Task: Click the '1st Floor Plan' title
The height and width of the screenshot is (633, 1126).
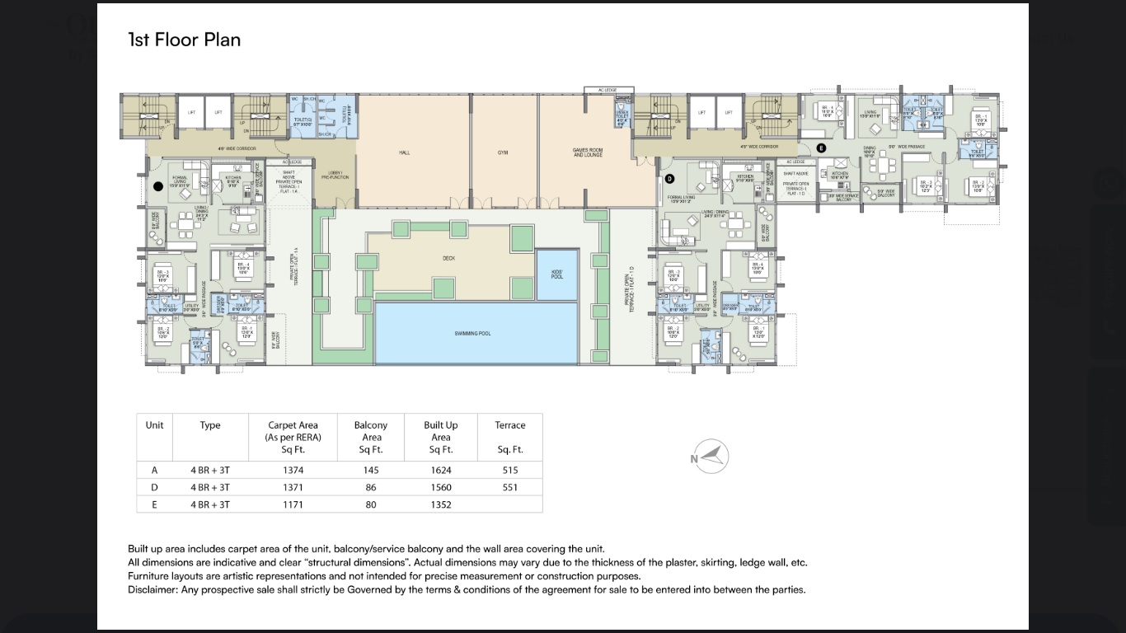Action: (184, 40)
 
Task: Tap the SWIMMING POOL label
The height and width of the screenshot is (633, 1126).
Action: (472, 333)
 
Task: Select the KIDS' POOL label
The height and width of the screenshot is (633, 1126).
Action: (557, 274)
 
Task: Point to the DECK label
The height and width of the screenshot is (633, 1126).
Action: (448, 258)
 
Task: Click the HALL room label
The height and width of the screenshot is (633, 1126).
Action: (404, 152)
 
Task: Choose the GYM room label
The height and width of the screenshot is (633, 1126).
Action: (503, 152)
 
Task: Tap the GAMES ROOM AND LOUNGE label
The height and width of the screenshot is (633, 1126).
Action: (588, 152)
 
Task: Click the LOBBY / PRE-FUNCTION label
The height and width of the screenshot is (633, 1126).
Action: (340, 175)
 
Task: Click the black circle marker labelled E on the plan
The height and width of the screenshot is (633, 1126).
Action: (820, 148)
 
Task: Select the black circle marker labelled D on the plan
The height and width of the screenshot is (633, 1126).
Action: (669, 178)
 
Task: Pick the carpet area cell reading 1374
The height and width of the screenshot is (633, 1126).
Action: (293, 470)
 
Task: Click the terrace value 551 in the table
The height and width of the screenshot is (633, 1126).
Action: (509, 487)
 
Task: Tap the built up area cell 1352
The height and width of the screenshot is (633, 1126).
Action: (440, 504)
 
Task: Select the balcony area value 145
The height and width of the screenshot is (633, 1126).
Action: (370, 470)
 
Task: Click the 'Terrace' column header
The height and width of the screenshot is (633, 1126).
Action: (509, 425)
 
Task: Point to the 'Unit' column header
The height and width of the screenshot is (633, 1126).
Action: (154, 425)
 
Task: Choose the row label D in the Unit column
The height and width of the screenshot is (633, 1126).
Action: (154, 487)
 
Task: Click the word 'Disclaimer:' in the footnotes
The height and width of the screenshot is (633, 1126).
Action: (155, 589)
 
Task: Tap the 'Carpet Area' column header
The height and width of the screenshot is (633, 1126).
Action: (293, 425)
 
